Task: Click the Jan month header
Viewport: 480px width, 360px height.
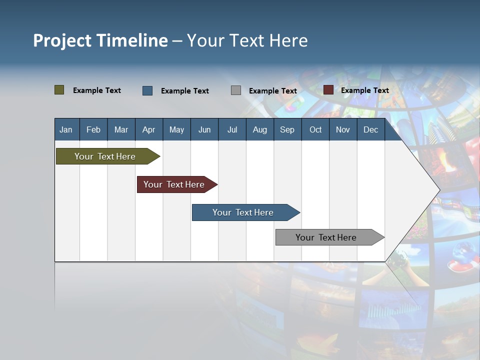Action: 66,129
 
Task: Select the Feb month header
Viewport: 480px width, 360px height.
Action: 93,129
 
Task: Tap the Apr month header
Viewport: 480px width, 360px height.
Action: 149,129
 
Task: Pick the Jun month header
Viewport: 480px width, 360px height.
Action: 204,129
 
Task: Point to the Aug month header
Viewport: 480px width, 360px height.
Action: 260,129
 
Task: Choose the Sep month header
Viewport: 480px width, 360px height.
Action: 287,129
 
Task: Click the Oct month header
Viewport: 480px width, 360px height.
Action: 315,129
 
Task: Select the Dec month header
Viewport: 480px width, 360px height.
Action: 371,129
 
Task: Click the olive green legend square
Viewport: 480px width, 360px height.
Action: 59,90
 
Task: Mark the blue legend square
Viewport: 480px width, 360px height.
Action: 147,90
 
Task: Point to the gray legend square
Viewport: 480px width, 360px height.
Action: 236,90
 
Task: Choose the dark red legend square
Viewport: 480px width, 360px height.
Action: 328,90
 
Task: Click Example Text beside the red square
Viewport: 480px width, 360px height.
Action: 364,90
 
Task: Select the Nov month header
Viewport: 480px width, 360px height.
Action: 343,129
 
